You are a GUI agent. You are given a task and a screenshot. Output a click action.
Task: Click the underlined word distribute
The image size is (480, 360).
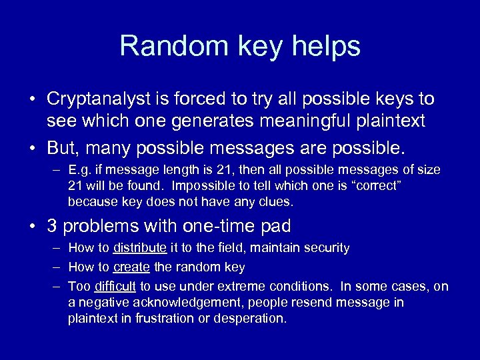[x=140, y=248]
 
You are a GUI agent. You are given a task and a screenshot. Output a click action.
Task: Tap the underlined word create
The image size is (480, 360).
[x=132, y=267]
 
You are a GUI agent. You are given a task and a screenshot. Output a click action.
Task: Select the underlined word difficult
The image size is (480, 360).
[x=115, y=287]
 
